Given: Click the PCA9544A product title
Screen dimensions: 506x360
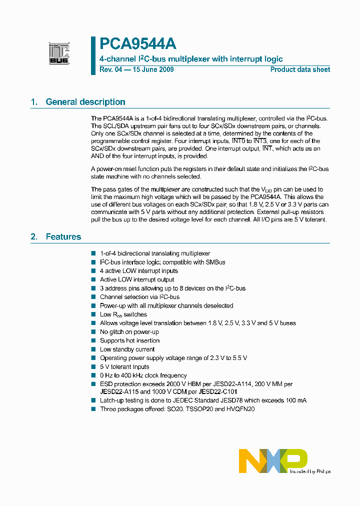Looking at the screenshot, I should (137, 44).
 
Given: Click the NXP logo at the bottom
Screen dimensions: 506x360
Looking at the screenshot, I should (273, 460).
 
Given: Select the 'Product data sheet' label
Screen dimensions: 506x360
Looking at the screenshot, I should (300, 69).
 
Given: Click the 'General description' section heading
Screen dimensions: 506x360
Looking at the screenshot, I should (85, 102).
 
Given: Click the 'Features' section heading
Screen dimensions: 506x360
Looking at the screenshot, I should (63, 237).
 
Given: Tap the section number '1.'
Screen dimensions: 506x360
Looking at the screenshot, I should (34, 102).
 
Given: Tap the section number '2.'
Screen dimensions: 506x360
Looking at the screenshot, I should (34, 237).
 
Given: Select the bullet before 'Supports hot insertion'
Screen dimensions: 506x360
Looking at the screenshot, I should (93, 340).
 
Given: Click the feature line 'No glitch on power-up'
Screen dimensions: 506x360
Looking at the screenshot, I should (129, 332).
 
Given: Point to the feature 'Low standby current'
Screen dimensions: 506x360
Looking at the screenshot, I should (127, 349).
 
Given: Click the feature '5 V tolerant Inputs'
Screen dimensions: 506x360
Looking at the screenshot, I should (124, 367).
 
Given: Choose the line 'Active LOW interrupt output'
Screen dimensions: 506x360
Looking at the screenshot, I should (137, 279).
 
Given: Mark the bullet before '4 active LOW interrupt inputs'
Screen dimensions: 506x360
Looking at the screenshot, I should (93, 271).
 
